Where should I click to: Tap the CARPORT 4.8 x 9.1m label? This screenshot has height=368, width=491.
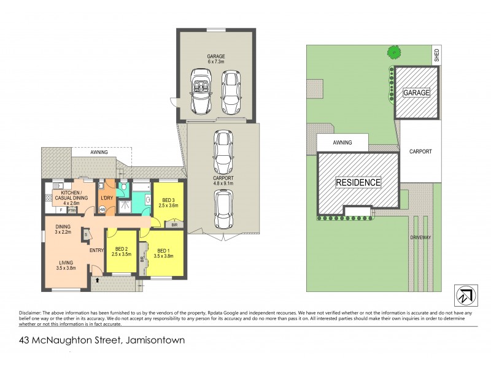pyautogui.click(x=223, y=178)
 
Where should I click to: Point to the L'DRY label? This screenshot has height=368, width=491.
pyautogui.click(x=106, y=198)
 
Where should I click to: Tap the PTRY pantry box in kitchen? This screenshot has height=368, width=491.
pyautogui.click(x=72, y=210)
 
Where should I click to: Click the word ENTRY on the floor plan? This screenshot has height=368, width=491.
pyautogui.click(x=96, y=250)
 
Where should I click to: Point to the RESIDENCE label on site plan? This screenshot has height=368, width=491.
pyautogui.click(x=357, y=182)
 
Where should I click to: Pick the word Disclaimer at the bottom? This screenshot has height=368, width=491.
pyautogui.click(x=33, y=308)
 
